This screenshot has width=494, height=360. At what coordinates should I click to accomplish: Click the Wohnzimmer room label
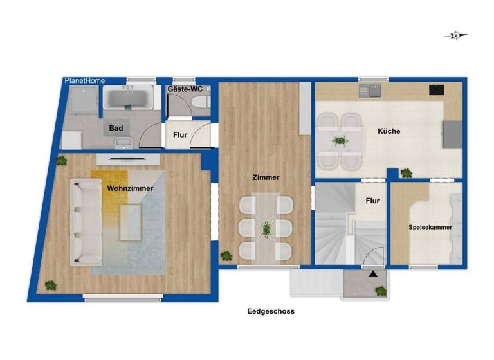(x=130, y=188)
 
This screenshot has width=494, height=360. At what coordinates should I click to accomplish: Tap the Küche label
(x=389, y=131)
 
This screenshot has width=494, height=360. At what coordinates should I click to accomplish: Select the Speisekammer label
(x=430, y=228)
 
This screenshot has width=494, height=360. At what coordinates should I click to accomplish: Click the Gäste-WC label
(x=185, y=89)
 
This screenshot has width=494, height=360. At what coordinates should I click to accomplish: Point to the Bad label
(x=116, y=128)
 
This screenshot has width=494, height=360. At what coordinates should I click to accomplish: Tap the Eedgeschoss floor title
(x=271, y=311)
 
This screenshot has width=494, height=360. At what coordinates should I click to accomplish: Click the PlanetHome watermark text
(x=85, y=80)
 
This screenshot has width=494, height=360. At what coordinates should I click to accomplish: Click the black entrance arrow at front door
(x=372, y=274)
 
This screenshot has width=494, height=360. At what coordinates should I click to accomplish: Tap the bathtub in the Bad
(x=129, y=99)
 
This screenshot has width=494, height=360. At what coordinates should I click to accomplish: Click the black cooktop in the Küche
(x=437, y=90)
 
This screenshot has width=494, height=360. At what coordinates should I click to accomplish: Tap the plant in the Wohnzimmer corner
(x=50, y=285)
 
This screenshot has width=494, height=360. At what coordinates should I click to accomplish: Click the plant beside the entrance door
(x=381, y=291)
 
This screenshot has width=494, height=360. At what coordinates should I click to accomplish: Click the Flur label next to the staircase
(x=372, y=201)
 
